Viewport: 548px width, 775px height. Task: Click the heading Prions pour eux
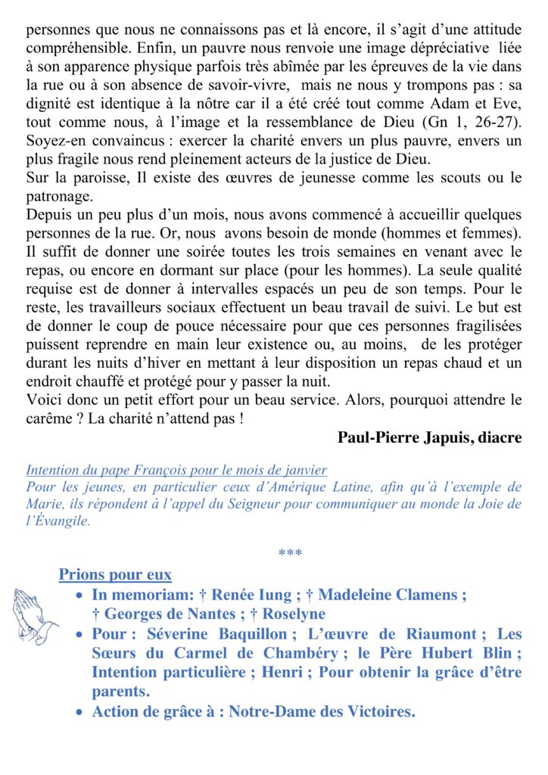click(x=115, y=574)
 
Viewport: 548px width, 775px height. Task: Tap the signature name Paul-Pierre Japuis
click(x=429, y=437)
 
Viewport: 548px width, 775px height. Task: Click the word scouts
click(x=441, y=178)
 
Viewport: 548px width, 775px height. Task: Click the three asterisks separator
click(x=290, y=554)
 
